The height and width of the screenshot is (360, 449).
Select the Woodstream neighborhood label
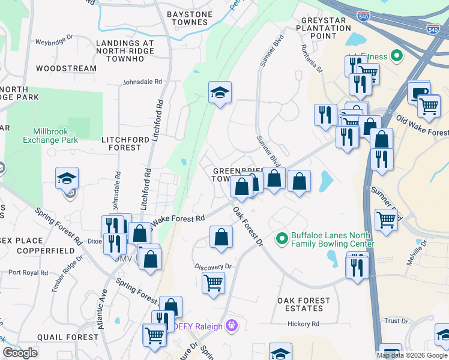click(66, 68)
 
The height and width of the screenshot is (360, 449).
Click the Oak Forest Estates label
click(304, 304)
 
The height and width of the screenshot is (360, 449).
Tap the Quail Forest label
click(67, 337)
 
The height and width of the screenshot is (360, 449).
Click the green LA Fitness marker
click(396, 57)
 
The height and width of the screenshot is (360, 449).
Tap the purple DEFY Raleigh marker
click(232, 326)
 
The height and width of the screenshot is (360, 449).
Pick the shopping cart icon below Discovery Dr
click(214, 282)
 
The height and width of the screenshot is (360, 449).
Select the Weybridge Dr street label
click(54, 43)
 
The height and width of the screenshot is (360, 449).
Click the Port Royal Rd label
click(28, 272)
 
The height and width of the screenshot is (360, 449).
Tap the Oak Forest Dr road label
click(248, 227)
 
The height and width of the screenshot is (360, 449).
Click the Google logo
click(20, 353)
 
